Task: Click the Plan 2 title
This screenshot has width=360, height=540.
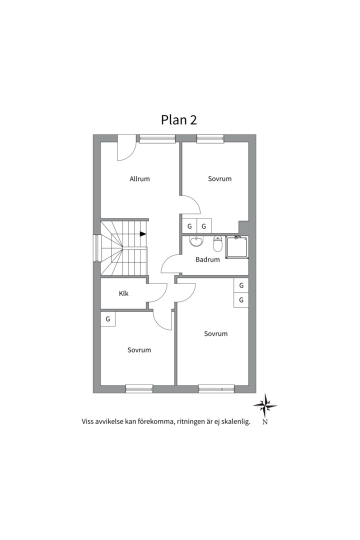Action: (x=179, y=120)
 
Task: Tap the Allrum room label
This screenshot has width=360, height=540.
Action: (x=139, y=179)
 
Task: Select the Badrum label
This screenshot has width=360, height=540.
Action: (x=207, y=259)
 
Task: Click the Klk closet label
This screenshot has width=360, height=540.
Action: (x=123, y=293)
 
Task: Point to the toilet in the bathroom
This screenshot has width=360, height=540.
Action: (x=217, y=244)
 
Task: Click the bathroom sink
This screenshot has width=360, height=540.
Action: (x=196, y=242)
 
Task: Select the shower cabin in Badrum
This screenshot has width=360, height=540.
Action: (x=236, y=247)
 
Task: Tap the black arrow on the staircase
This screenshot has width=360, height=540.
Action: (x=143, y=233)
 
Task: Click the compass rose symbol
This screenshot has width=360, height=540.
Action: (x=265, y=405)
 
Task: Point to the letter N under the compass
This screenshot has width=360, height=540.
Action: (x=265, y=422)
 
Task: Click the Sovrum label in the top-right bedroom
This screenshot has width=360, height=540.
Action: (x=220, y=179)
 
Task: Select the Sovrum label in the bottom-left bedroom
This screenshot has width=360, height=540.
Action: (x=139, y=350)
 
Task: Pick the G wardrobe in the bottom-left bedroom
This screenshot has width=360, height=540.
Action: (x=108, y=318)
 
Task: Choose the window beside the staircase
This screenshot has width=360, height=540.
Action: (x=96, y=248)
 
